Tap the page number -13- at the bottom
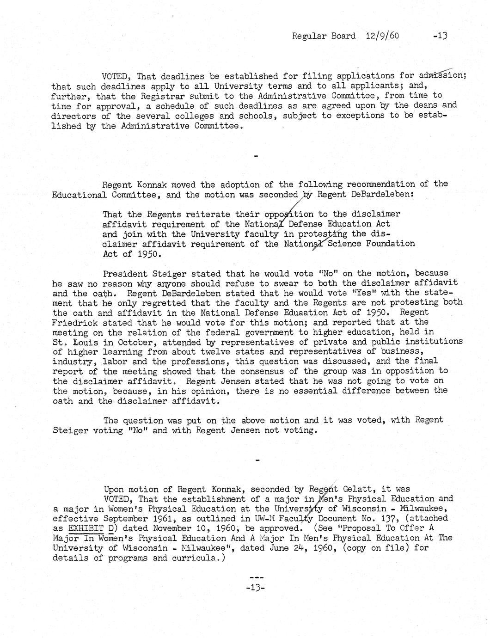coord(256,588)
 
